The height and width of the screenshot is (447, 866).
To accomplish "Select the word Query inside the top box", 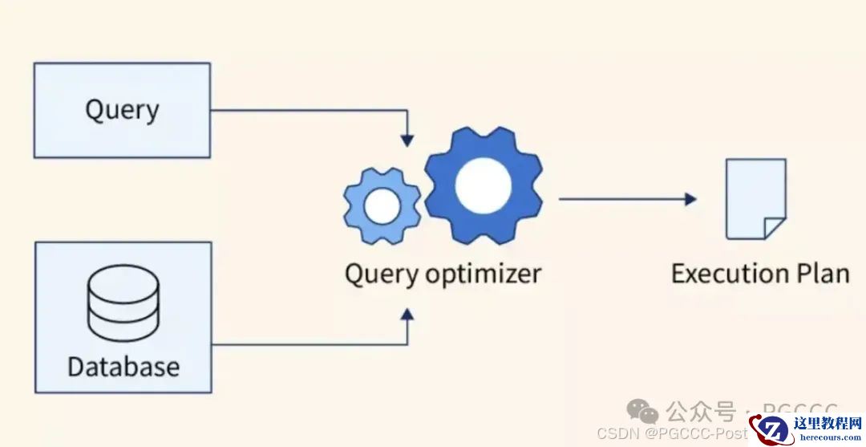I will pos(122,110).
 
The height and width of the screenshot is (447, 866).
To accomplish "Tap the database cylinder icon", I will pos(123,303).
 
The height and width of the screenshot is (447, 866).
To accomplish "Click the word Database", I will pos(123,367).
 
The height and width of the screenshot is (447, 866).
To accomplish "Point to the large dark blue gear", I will pos(483,185).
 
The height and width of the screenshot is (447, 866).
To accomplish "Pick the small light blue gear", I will pos(382,206).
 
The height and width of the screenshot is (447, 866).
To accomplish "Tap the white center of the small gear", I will pos(382,206).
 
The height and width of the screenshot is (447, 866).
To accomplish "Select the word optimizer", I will pos(483,274).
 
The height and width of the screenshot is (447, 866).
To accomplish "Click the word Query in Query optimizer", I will pos(381,274).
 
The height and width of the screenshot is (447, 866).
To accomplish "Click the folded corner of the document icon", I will pos(775,228).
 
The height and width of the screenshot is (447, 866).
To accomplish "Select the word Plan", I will pos(821,274).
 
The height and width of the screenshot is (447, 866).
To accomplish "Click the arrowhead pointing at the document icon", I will pos(690,199).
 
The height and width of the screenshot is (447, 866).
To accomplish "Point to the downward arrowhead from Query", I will pos(407,140).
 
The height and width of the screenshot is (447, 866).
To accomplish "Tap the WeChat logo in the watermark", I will pos(642,412).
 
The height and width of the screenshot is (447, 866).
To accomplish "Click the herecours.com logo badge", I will pos(805,429).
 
